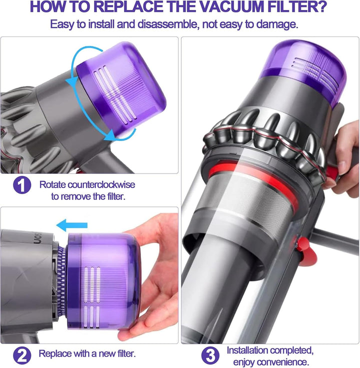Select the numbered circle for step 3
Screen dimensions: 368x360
click(210, 355)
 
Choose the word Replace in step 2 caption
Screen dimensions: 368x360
click(54, 353)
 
